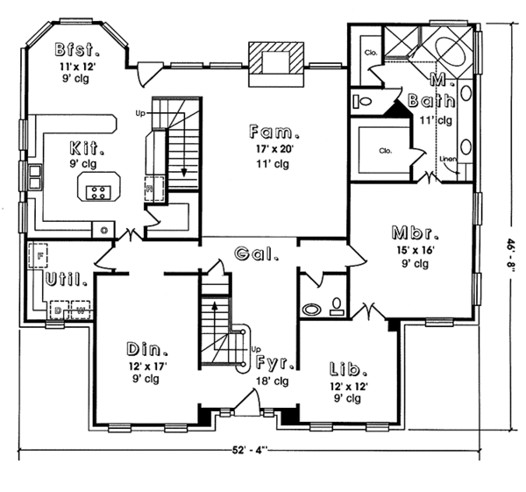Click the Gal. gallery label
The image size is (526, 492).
(257, 255)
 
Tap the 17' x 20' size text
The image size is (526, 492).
(275, 149)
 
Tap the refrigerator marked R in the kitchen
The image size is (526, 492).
(150, 188)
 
